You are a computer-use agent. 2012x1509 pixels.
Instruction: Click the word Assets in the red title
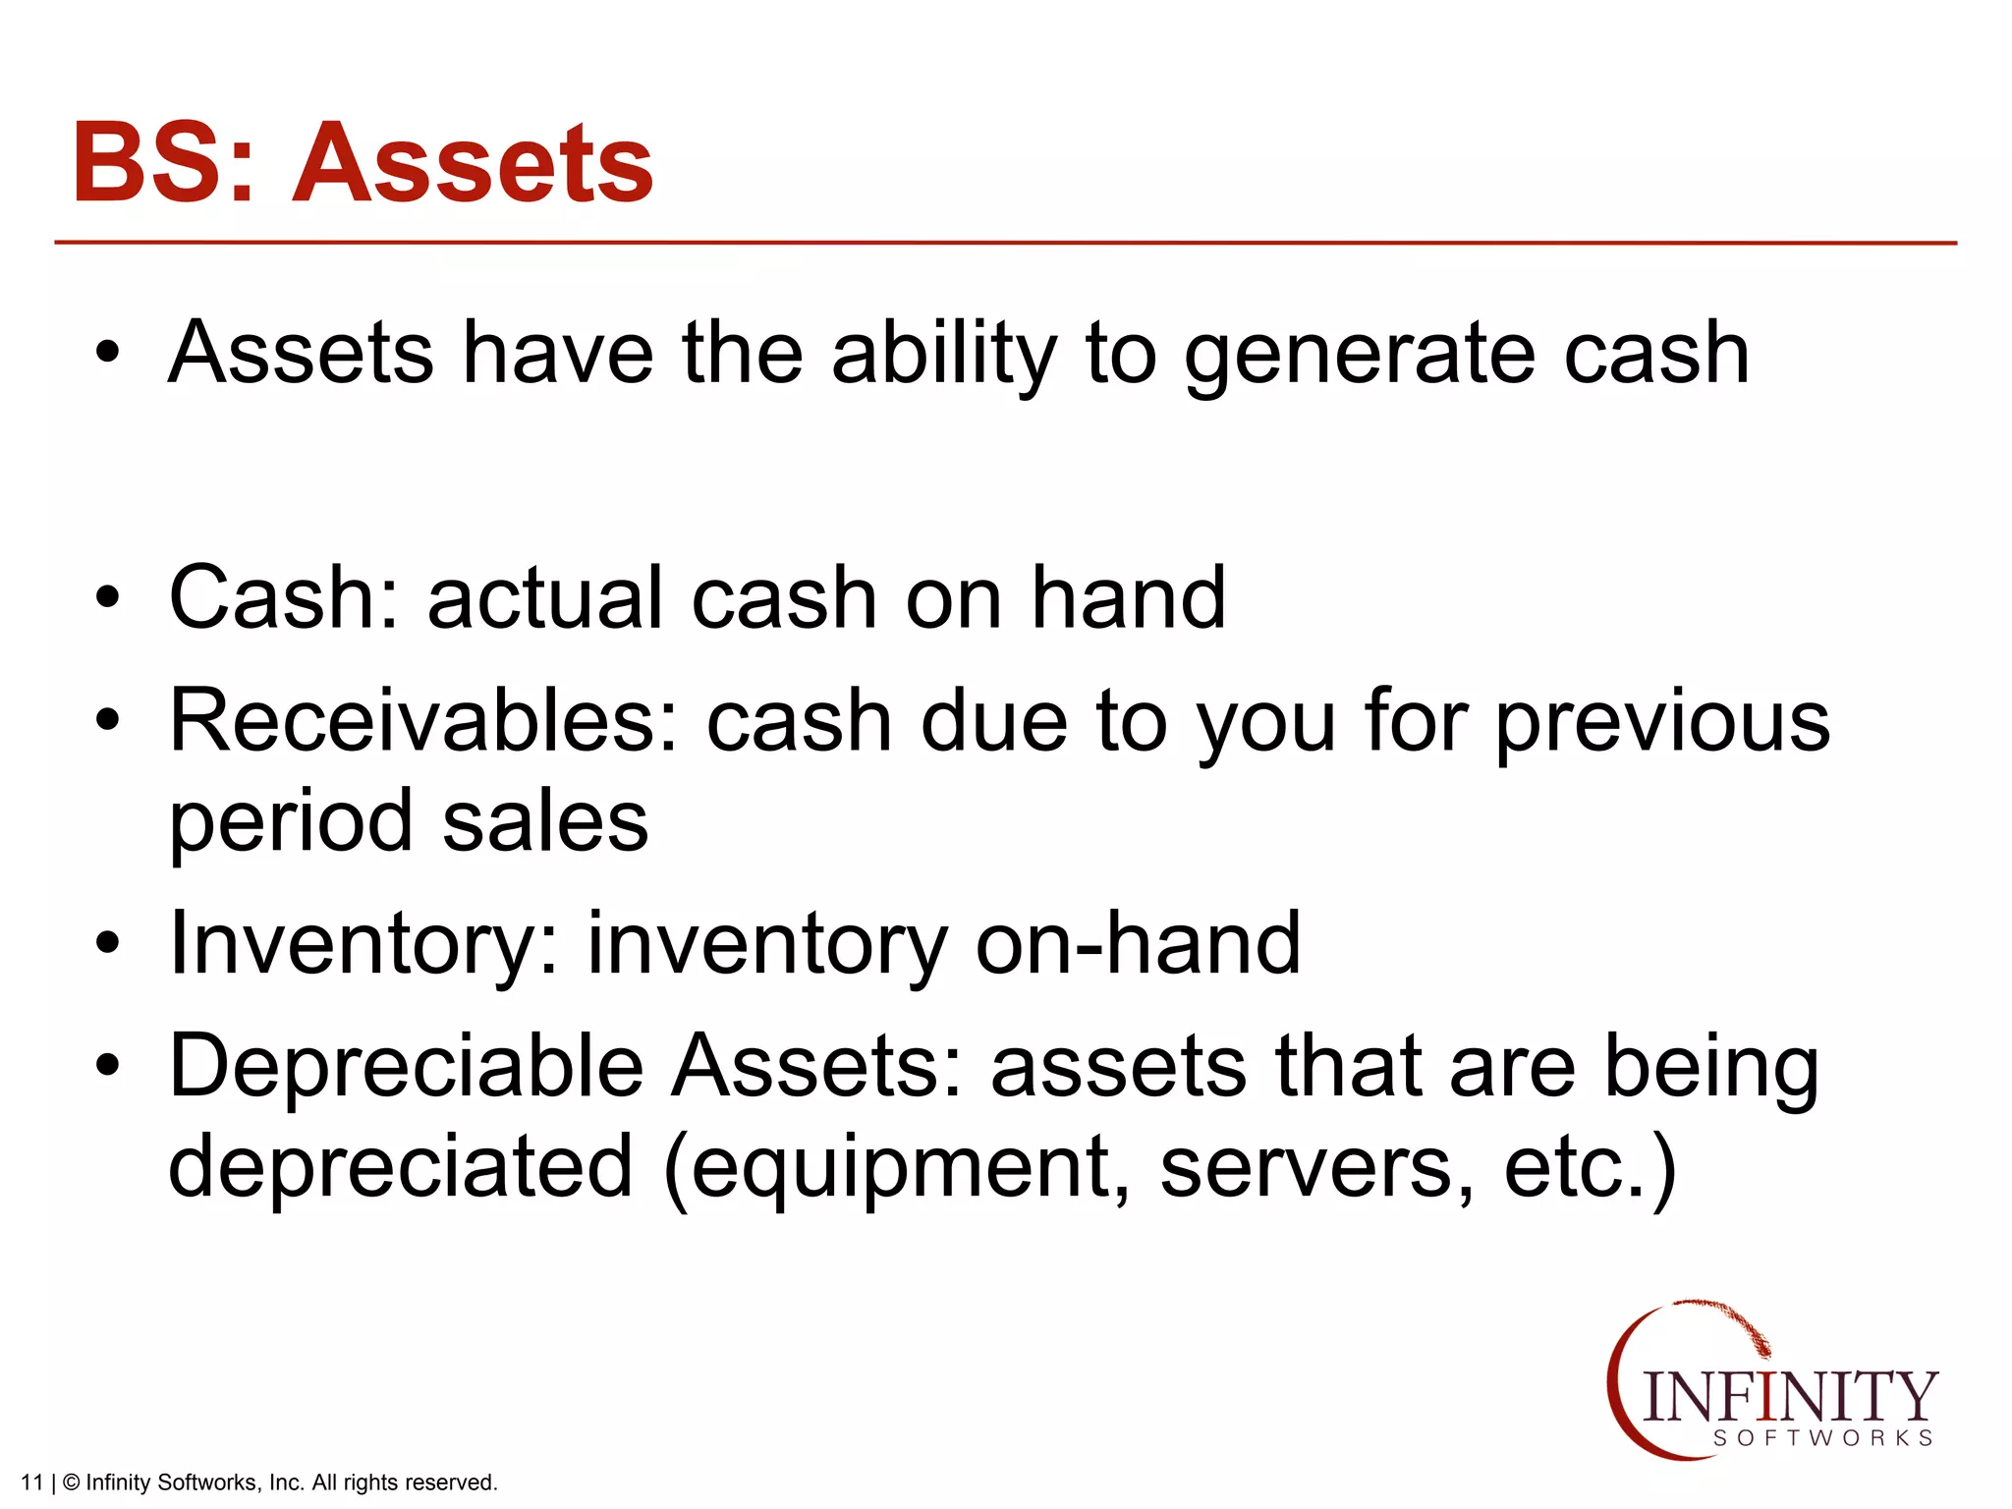pos(474,163)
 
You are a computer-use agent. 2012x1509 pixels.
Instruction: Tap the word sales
pos(545,822)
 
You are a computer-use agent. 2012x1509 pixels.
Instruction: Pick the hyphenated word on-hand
pos(1138,943)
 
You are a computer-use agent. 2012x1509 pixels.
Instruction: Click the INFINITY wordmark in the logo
pos(1788,1396)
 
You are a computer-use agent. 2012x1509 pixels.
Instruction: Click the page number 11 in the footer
pos(31,1482)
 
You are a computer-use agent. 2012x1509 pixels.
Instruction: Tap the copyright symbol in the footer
pos(71,1482)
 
